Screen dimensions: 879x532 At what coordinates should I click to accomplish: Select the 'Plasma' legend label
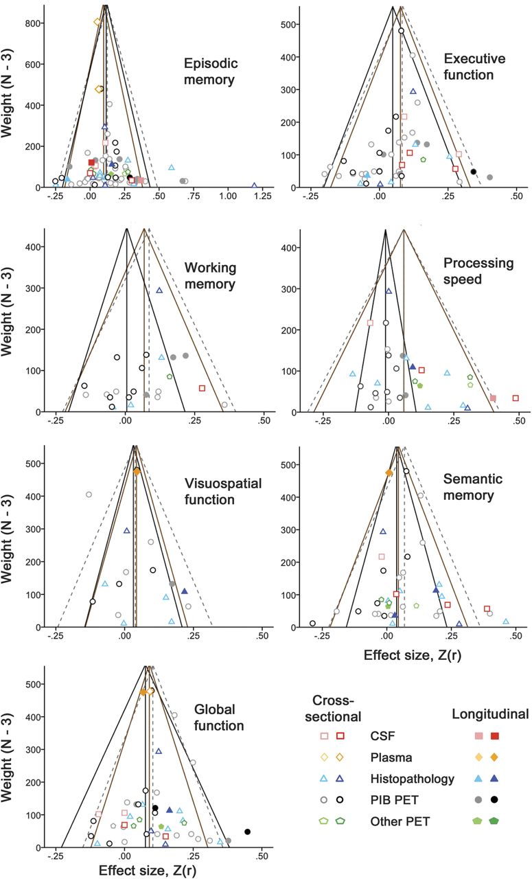point(389,758)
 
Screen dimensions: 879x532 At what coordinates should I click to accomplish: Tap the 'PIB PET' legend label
point(392,800)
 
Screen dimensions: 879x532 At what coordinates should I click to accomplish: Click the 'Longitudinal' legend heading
point(490,715)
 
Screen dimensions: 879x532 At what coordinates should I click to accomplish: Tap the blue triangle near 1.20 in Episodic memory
point(254,185)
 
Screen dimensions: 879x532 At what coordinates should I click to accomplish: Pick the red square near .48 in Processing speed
point(516,398)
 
